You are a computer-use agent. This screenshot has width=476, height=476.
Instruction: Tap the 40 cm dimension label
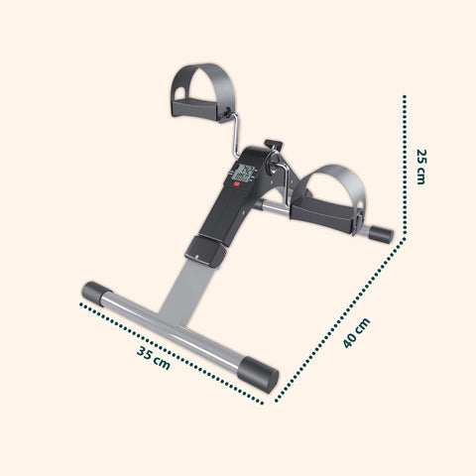357,332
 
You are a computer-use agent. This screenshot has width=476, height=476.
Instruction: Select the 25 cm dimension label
422,167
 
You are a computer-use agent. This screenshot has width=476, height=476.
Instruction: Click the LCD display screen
246,176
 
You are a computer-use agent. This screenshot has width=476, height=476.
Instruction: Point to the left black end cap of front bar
96,294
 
